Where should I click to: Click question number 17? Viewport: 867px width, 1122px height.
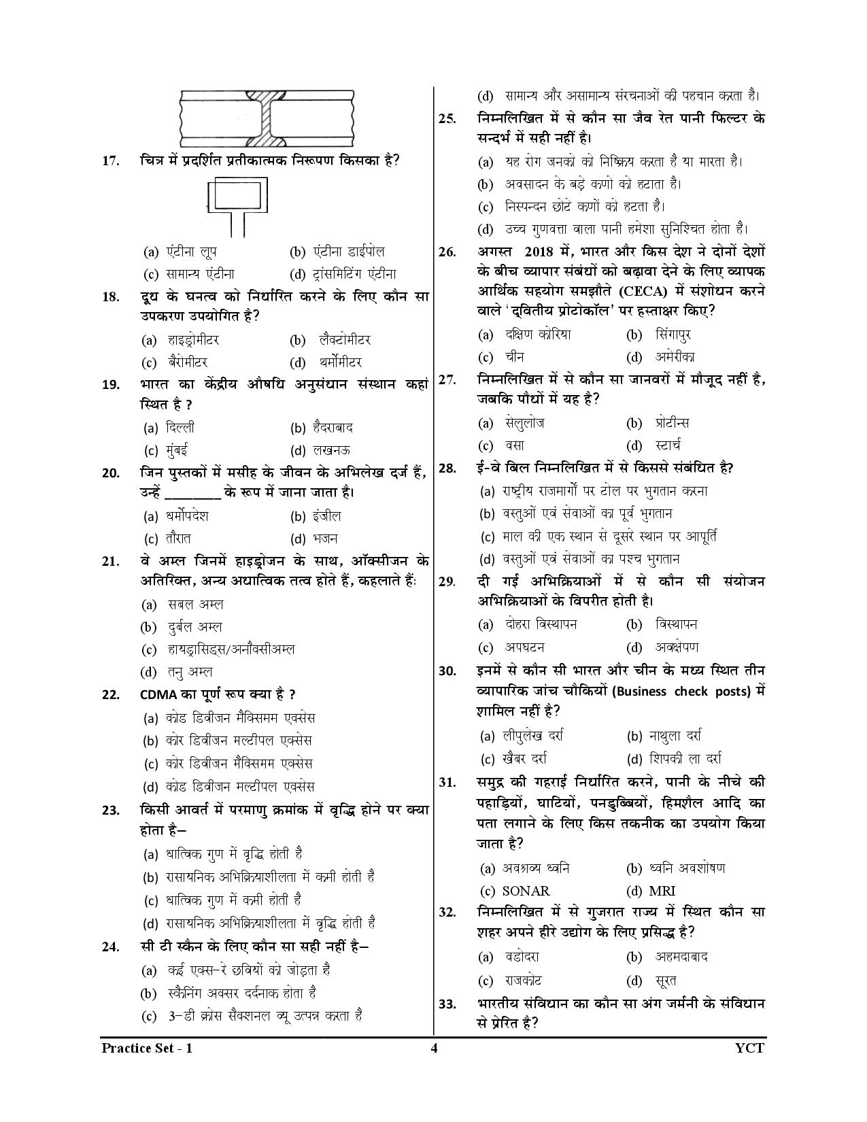pos(111,161)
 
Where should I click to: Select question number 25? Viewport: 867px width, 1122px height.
pos(447,118)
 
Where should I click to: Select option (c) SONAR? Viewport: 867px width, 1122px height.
pos(515,891)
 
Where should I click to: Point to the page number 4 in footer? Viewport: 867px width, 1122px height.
pos(434,1048)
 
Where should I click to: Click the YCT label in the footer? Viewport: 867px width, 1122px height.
pos(749,1048)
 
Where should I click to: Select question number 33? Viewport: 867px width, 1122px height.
pos(447,1004)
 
